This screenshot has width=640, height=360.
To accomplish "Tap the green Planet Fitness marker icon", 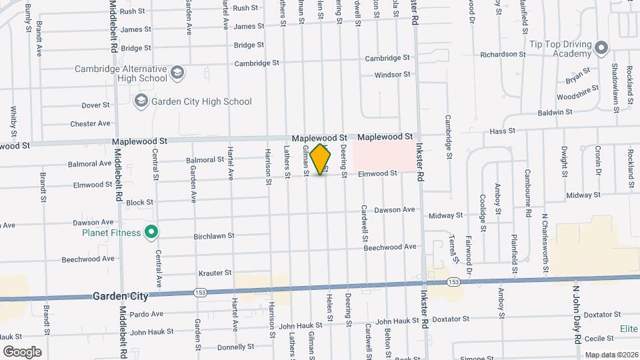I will click(x=151, y=233).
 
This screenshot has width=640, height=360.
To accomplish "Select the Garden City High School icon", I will click(x=141, y=101).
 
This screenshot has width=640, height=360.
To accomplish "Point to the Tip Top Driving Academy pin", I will click(x=601, y=47).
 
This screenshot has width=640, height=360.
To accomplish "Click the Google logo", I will click(x=23, y=351).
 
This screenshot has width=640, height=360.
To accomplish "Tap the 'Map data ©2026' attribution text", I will click(x=611, y=355).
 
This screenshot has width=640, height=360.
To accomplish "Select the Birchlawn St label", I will click(x=213, y=235).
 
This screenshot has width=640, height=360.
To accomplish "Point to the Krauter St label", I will click(x=215, y=273).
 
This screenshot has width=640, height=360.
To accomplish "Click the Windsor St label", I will click(x=392, y=75).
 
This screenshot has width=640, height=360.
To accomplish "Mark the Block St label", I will click(x=140, y=202).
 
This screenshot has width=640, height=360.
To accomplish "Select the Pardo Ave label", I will click(x=147, y=314).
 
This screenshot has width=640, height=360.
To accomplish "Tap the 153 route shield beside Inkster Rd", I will click(x=453, y=282).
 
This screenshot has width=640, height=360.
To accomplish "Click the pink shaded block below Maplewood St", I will click(x=383, y=155).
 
